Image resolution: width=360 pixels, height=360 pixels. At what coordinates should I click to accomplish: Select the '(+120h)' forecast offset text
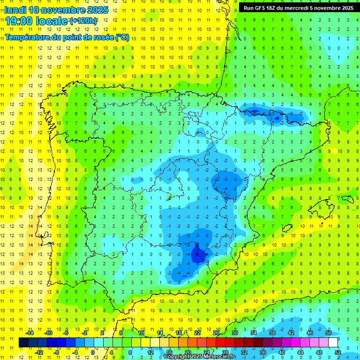click(x=83, y=21)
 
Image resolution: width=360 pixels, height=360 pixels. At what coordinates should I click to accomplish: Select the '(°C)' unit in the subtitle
click(x=122, y=37)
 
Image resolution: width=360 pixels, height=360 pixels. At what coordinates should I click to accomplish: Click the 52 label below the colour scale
click(x=338, y=352)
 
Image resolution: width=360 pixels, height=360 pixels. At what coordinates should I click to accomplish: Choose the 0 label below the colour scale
click(x=93, y=352)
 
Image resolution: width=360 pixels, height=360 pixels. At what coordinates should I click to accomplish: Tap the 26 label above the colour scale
click(x=216, y=333)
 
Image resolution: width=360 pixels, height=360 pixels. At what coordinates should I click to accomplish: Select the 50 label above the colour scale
click(x=328, y=333)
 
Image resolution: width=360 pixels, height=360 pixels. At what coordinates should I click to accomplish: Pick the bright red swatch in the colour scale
click(x=220, y=343)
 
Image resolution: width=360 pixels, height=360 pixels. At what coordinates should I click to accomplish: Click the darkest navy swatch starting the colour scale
click(x=23, y=343)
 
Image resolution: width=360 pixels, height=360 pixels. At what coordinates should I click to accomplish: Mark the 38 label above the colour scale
click(x=272, y=333)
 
